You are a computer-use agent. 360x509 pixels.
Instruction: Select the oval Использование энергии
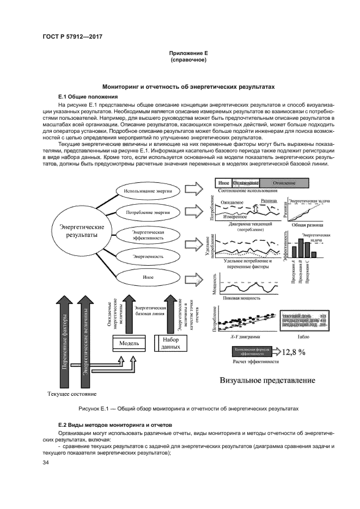[x=148, y=191]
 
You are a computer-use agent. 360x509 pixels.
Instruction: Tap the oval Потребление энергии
[x=148, y=212]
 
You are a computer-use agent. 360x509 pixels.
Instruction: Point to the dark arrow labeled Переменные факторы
[x=65, y=348]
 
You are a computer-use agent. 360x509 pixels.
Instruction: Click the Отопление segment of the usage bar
[x=284, y=183]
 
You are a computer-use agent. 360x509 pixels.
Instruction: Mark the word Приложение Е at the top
[x=188, y=52]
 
